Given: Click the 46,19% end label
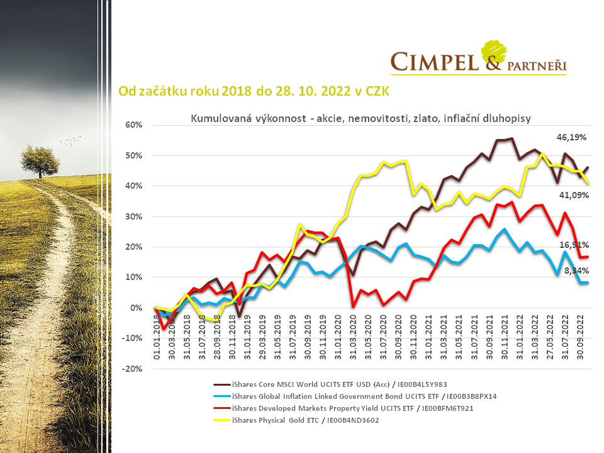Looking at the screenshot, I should [x=571, y=137].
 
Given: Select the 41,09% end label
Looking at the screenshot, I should [x=574, y=195].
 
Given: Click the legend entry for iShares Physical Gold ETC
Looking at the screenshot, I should [x=306, y=420].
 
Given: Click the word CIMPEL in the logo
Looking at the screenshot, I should [x=432, y=62].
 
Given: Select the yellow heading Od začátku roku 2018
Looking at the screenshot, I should [x=254, y=91].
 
